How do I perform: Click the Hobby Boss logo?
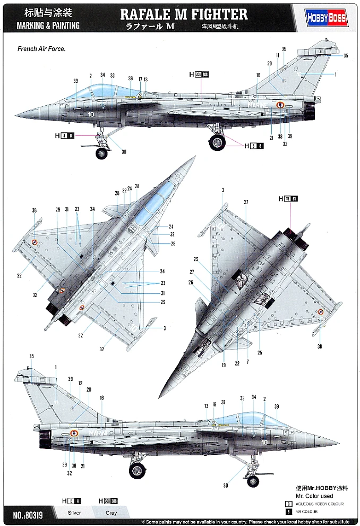coord(327,18)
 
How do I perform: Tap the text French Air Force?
coord(41,49)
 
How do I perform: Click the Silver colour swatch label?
coord(74,513)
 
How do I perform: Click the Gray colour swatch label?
coord(111,513)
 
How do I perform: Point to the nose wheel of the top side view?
coord(101,154)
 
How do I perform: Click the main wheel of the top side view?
coord(217,142)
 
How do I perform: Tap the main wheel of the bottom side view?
coord(138,470)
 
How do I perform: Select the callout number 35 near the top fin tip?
coord(346,56)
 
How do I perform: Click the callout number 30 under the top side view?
coord(124,152)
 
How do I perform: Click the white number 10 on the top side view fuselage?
coord(91,114)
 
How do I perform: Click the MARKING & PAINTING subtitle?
coord(48,25)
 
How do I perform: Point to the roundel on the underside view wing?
coord(320,312)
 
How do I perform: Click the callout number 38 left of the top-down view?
coord(35,210)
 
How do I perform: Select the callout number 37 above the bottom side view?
coord(224,402)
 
